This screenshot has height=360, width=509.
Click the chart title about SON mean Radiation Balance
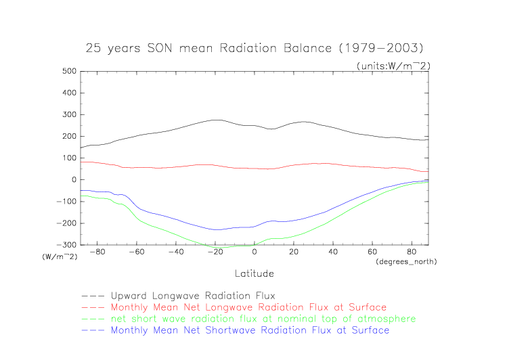point(255,49)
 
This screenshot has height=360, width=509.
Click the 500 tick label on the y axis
point(67,71)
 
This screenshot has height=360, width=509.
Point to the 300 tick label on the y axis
point(67,114)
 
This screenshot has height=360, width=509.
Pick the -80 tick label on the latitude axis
point(98,252)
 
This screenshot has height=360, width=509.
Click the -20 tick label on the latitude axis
point(215,252)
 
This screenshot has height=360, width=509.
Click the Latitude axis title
point(255,273)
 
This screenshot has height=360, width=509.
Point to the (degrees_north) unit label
point(405,261)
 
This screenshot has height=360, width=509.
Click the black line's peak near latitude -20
point(215,120)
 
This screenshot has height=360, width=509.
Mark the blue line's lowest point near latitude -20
point(215,229)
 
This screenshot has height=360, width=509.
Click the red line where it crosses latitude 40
point(333,164)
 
